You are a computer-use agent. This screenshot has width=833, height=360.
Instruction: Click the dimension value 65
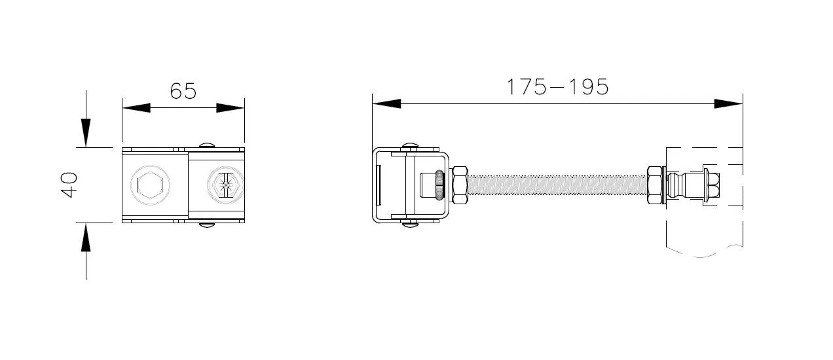183,90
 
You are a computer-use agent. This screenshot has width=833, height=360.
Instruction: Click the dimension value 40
69,185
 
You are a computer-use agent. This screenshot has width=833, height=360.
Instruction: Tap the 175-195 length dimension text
557,86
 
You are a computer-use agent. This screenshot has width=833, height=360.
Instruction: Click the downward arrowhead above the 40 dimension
86,134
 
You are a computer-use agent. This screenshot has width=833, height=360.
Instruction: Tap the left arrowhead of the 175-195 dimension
386,103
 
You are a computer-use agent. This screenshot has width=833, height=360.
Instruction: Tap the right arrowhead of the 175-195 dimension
728,103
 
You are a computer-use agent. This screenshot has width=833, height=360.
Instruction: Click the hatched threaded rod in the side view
557,185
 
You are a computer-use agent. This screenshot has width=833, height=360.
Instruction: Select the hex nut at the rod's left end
458,185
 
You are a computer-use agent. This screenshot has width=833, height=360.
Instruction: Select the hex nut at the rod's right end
655,185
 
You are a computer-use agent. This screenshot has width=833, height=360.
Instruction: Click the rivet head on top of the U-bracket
411,145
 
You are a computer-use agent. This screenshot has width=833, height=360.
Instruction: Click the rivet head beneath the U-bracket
411,225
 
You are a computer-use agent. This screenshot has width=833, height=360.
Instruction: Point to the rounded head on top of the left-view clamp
208,145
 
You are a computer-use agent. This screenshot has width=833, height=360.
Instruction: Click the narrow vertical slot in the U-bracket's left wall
379,185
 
